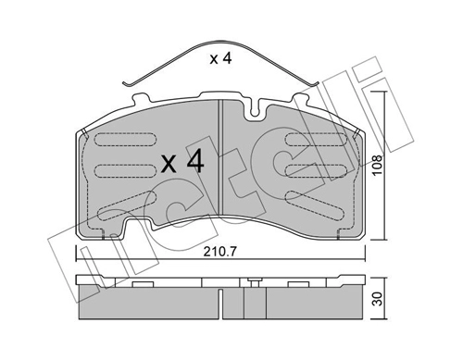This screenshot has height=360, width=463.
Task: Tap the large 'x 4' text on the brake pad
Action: point(181,162)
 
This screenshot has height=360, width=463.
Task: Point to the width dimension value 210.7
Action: point(219,249)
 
